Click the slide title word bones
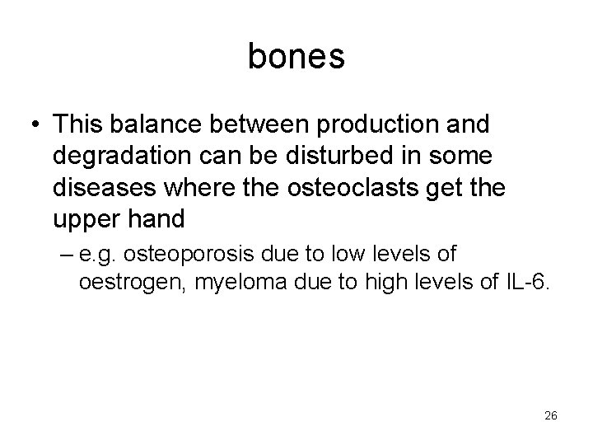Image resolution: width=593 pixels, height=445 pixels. [x=296, y=56]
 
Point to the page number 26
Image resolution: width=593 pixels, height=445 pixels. [x=551, y=415]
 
